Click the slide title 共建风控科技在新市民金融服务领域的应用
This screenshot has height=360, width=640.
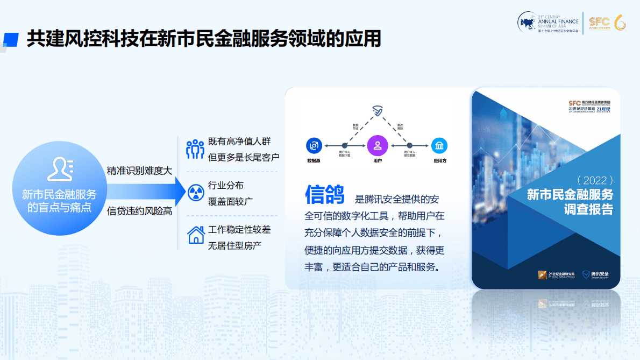coord(204,38)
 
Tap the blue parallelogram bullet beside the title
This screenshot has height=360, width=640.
coord(11,38)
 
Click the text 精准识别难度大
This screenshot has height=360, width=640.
coord(139,171)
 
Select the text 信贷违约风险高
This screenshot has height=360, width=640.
coord(139,211)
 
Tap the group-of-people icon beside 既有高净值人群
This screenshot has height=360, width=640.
coord(195,150)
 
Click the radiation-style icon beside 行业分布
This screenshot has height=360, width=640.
coord(195,193)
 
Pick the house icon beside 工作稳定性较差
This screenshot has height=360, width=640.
coord(195,235)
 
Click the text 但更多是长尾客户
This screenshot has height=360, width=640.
coord(244,157)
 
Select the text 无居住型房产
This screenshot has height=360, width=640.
coord(234,246)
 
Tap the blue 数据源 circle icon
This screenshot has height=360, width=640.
coord(314,145)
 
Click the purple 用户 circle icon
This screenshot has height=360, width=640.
coord(378,145)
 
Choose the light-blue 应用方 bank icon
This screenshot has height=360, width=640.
coord(439,145)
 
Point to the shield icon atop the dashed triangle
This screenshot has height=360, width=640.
coord(378,111)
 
